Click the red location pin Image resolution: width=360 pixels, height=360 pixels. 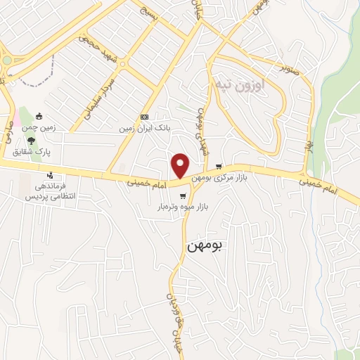181,165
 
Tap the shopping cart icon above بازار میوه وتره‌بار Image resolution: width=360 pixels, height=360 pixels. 183,196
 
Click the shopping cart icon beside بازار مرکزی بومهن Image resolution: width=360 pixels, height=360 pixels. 219,167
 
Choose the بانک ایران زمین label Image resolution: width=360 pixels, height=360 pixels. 145,129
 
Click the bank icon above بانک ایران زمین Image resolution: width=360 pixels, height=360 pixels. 145,117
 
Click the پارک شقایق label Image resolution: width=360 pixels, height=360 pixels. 33,152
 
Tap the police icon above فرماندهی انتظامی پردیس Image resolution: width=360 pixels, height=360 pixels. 50,175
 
